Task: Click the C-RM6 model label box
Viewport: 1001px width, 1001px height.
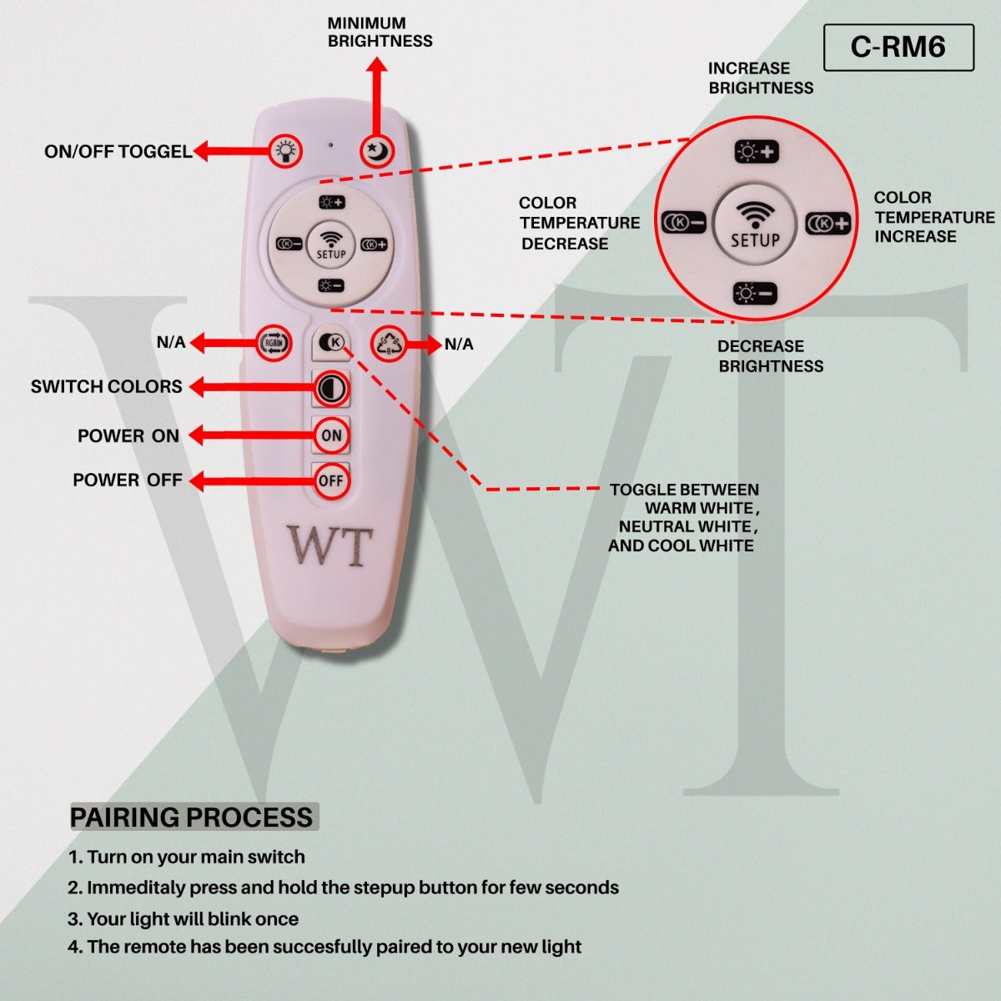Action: pos(898,47)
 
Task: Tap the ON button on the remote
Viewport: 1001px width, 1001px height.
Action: pos(331,435)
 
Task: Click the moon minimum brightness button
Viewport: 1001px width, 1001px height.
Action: pos(377,151)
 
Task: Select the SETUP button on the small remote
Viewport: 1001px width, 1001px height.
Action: pos(331,244)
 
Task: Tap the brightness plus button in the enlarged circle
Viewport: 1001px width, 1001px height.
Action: pos(756,152)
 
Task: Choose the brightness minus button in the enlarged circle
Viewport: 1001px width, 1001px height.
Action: pos(755,294)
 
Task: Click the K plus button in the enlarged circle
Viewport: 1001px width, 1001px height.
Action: pos(828,224)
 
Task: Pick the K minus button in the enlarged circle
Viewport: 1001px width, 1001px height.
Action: pos(683,224)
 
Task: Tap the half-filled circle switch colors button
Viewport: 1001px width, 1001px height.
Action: pos(331,388)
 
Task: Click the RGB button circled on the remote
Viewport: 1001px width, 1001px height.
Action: pos(274,343)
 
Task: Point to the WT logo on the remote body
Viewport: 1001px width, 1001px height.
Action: pos(329,546)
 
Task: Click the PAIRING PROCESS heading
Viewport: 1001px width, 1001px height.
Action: pos(192,817)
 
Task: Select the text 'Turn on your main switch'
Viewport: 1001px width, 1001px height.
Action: pos(195,857)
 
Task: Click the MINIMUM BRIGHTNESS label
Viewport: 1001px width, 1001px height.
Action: pos(380,33)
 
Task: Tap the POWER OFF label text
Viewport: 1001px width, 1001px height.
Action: pos(127,480)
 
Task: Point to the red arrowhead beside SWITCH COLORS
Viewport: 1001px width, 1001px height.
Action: pos(197,387)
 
